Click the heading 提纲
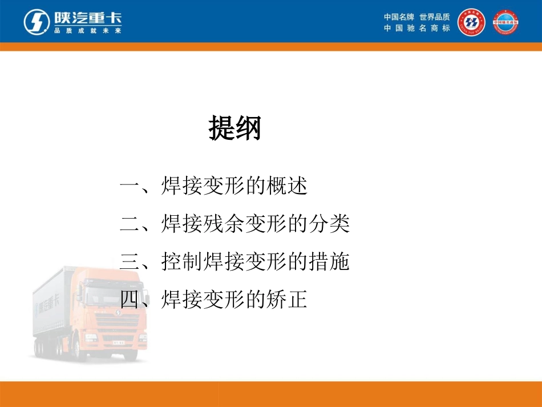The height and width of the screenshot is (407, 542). (234, 128)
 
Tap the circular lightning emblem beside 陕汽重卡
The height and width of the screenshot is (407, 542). (36, 22)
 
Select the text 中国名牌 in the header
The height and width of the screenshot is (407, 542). (399, 17)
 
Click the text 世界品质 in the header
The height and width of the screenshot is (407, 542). (435, 17)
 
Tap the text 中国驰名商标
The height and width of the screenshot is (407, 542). (416, 28)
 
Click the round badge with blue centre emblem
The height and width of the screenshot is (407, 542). (471, 22)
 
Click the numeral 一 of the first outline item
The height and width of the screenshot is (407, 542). (130, 187)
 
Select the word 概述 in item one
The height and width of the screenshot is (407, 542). (287, 187)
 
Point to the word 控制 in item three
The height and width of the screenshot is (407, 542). (182, 262)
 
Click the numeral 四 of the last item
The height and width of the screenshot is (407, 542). (130, 299)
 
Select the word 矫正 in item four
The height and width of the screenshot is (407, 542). (287, 299)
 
